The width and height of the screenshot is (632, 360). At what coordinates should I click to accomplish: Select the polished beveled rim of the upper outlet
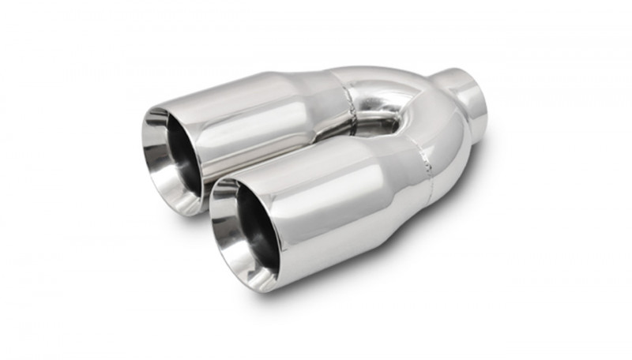[x=155, y=138]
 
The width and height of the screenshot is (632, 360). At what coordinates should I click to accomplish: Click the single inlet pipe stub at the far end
[x=466, y=99]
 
